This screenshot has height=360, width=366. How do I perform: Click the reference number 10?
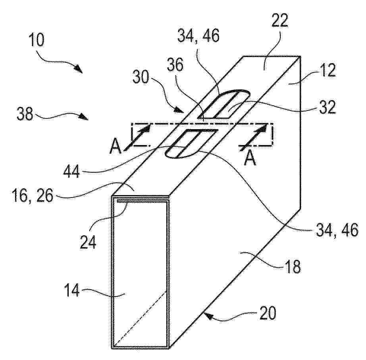[37, 40]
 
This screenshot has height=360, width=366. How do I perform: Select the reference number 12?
[327, 71]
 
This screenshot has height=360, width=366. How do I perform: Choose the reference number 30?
[141, 77]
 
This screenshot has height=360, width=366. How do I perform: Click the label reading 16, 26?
[33, 196]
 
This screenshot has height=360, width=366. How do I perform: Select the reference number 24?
[88, 242]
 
